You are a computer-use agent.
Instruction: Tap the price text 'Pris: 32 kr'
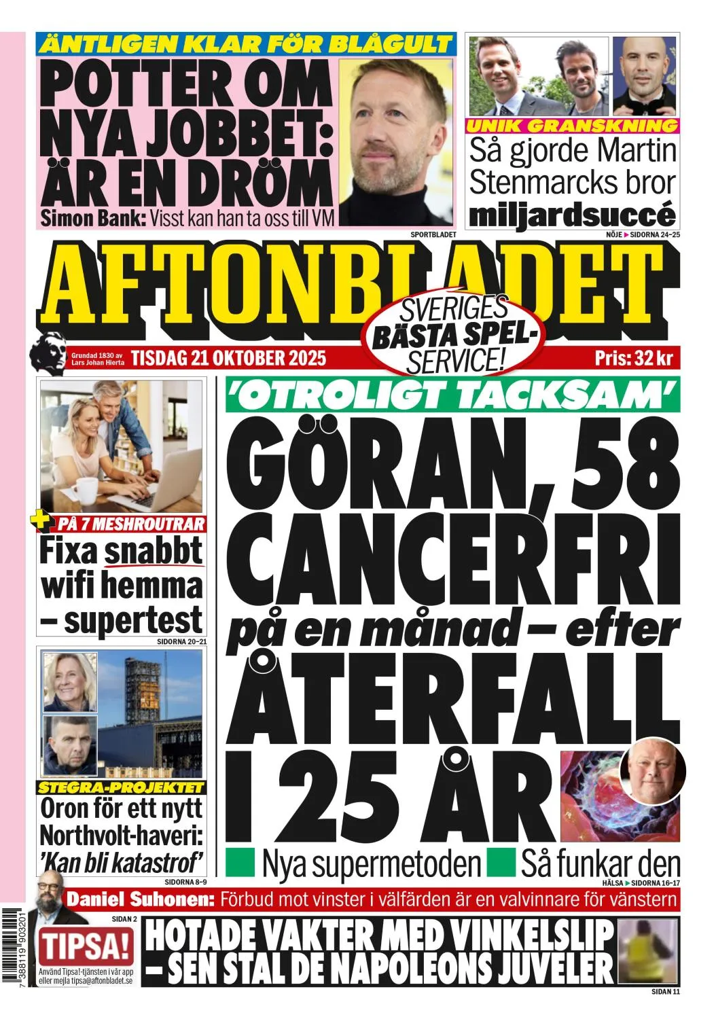pyautogui.click(x=632, y=358)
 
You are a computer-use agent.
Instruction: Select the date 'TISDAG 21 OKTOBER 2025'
pyautogui.click(x=228, y=357)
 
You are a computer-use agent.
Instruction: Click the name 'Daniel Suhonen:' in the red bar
pyautogui.click(x=140, y=900)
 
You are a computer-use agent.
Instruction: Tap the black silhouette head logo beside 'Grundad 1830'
pyautogui.click(x=48, y=351)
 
